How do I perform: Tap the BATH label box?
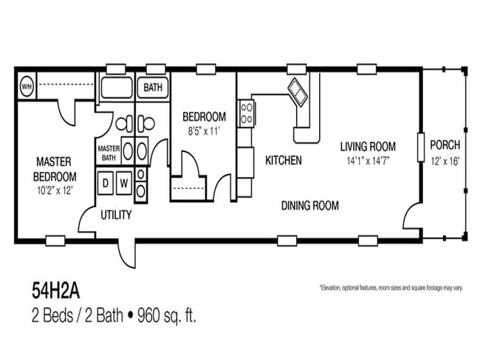click(153, 88)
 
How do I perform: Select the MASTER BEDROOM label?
click(55, 169)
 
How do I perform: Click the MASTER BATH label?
click(109, 152)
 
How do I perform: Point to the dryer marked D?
click(106, 182)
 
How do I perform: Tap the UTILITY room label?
click(116, 215)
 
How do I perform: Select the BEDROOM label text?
click(204, 117)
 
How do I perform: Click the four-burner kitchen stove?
click(246, 114)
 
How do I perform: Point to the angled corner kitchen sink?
click(298, 92)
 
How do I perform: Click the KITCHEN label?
click(283, 159)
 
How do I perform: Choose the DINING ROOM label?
click(310, 206)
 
